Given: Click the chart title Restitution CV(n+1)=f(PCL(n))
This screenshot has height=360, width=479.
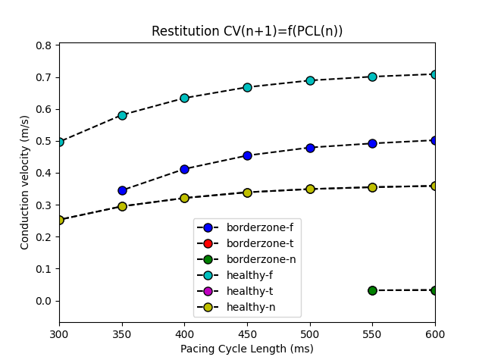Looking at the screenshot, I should coord(246,31).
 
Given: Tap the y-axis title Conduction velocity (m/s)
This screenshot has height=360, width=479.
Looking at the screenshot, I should coord(25,183).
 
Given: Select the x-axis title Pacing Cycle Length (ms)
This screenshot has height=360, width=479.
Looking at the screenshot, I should coord(246,349).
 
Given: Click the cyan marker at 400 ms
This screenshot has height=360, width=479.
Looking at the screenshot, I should coord(184,98).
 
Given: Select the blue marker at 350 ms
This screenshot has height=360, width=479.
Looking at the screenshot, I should coord(122,190).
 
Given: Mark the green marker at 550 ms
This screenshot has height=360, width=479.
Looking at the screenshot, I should coord(372,290).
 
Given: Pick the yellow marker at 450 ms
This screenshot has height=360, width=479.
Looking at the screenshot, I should coord(247,193).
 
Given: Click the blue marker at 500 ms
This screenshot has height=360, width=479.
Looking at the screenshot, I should coord(310,148).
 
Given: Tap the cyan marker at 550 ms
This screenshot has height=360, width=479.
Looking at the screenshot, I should coord(372,77).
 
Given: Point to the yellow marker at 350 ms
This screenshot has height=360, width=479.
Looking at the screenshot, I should coord(122,206).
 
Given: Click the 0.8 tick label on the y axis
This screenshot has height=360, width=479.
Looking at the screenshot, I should coord(44,45).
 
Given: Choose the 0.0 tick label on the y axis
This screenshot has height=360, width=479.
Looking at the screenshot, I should coord(44,301).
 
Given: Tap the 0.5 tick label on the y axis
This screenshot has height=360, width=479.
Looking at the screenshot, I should coord(44,141).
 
